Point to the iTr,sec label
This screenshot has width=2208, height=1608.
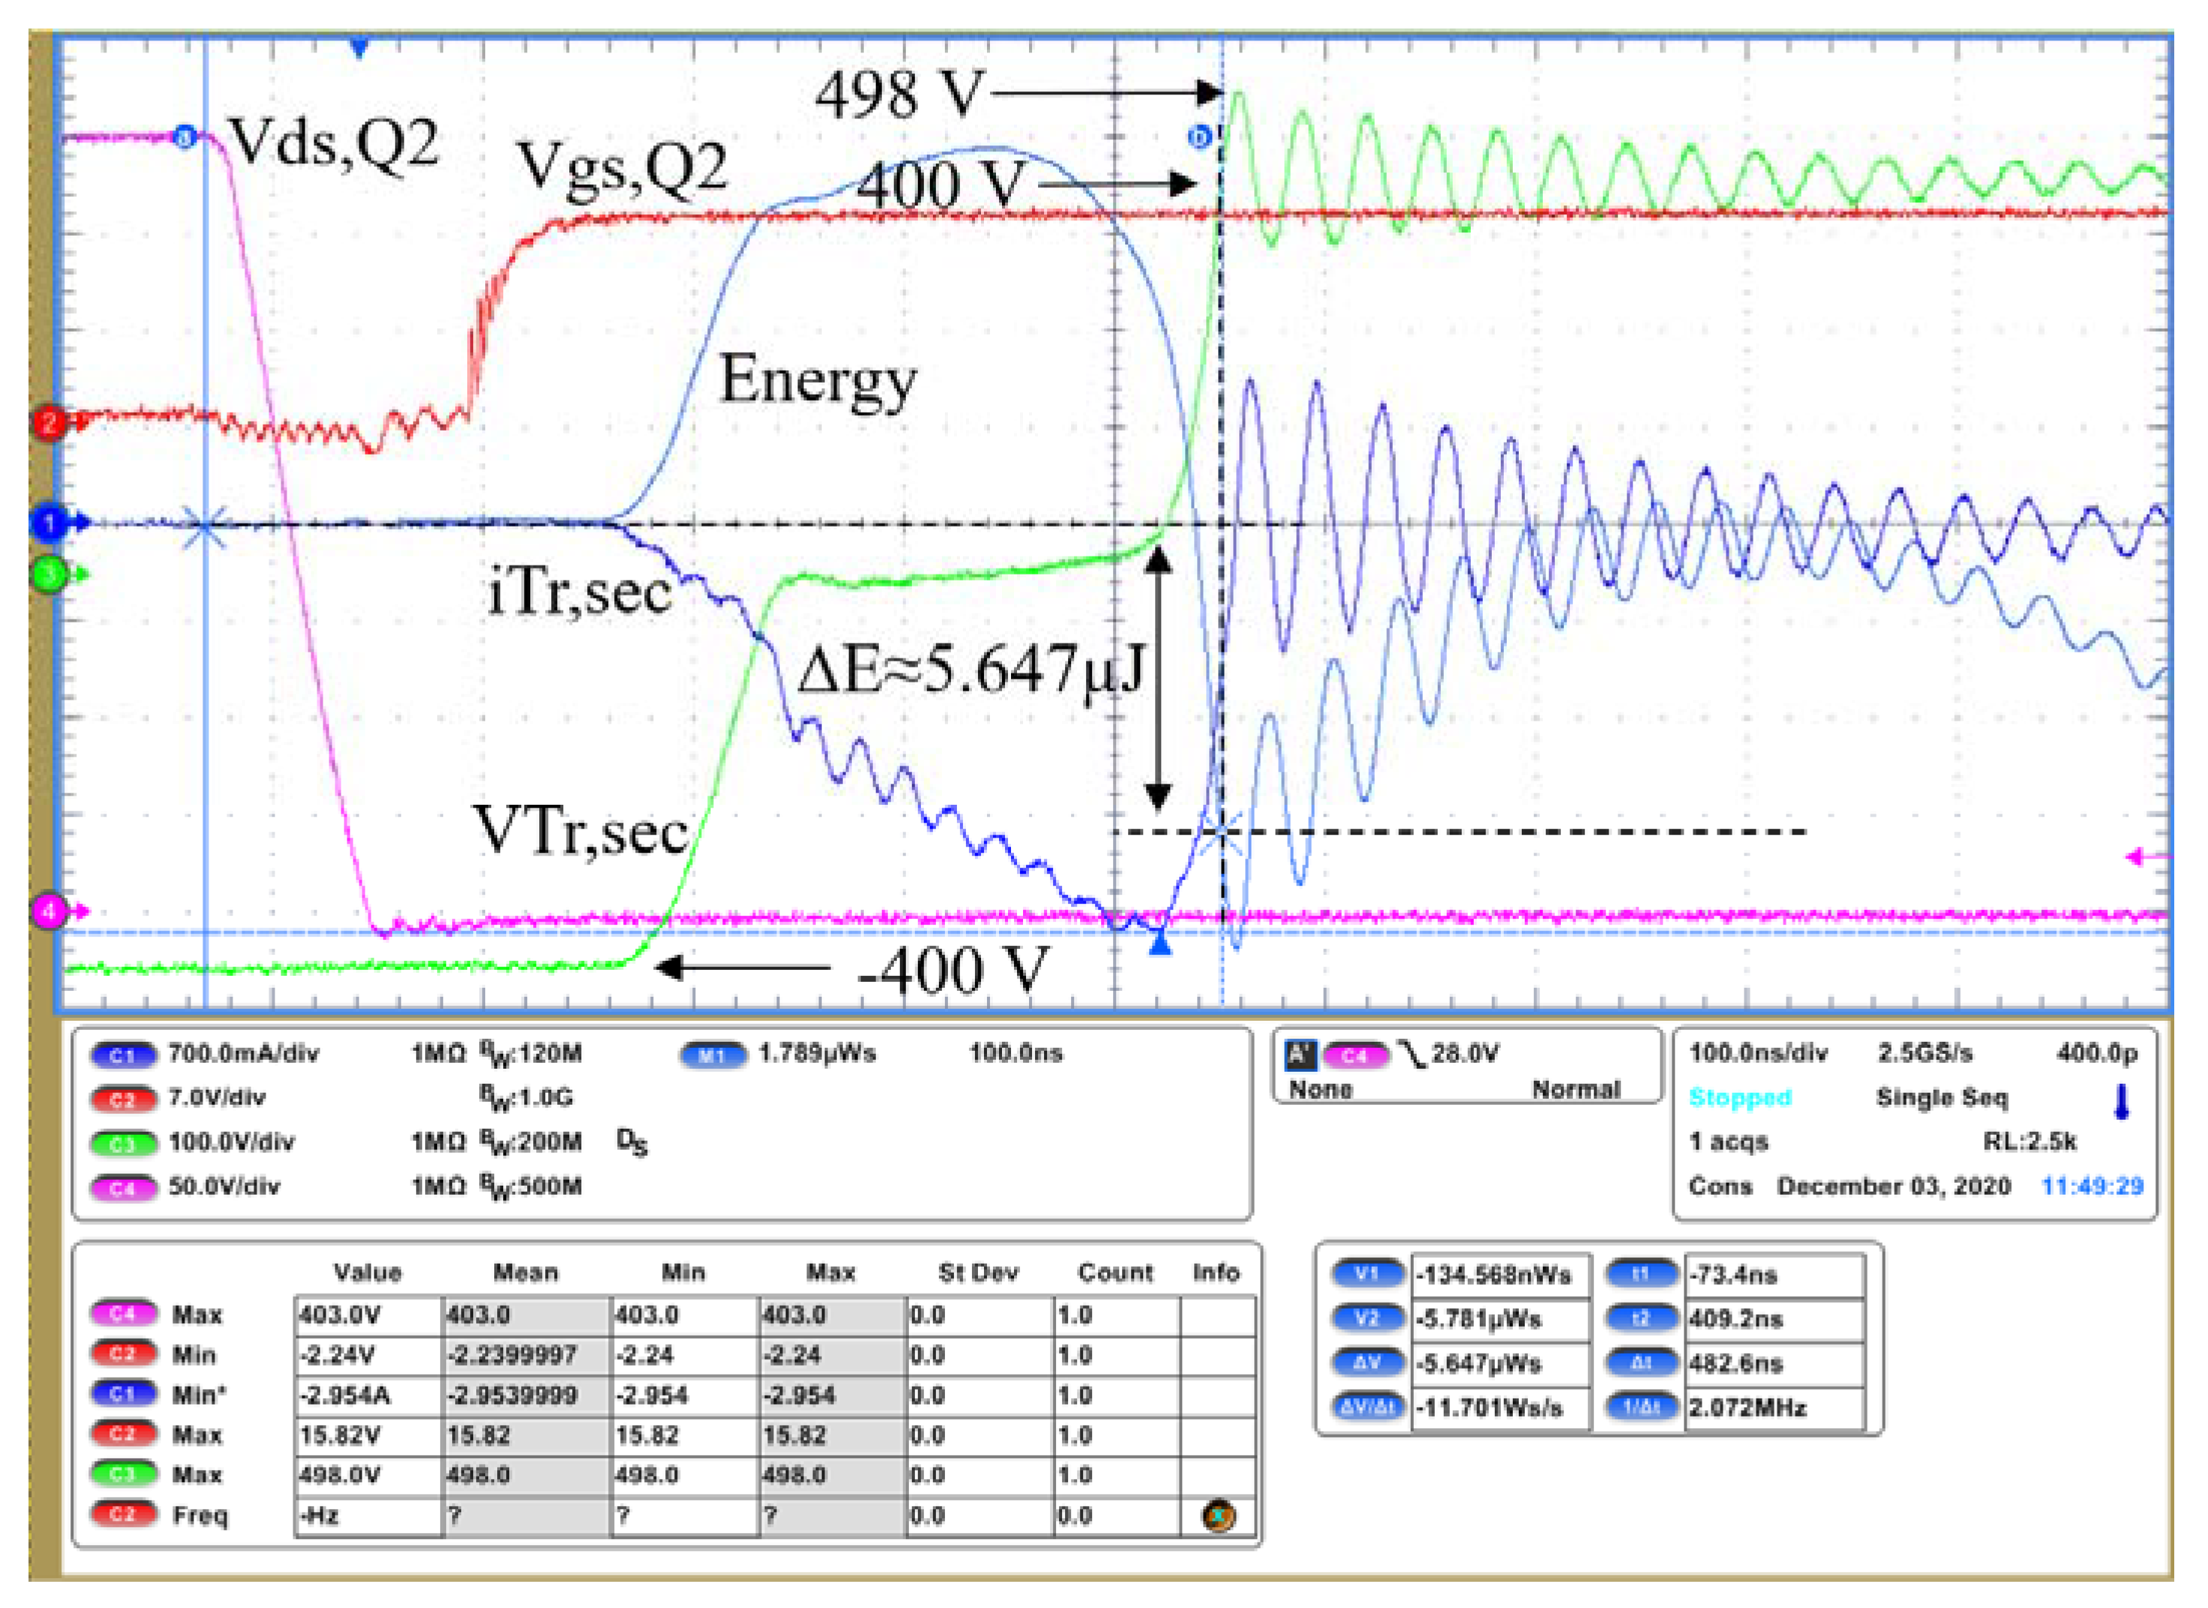579,591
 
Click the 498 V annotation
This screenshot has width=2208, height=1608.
898,95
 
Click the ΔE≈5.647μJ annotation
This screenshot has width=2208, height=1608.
970,670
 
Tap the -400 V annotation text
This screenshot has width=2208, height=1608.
952,970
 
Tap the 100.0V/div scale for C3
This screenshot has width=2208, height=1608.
231,1141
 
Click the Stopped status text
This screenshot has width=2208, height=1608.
1740,1098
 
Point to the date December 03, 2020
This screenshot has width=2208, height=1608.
1892,1186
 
